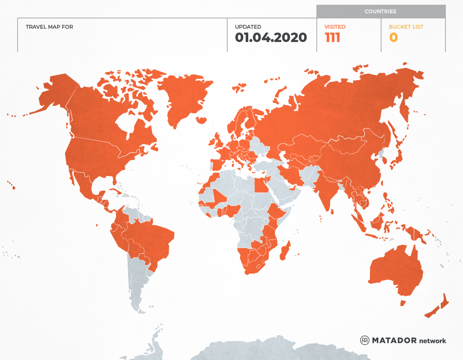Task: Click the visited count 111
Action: (333, 38)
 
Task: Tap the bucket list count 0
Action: (393, 38)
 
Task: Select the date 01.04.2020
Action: (271, 38)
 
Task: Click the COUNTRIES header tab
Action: (380, 12)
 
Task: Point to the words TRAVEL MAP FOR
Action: (49, 27)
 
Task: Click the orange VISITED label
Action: (335, 27)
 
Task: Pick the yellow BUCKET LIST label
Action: (406, 27)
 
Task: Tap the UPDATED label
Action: (248, 27)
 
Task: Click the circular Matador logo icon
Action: (365, 340)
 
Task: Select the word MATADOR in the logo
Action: (394, 340)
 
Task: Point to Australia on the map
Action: (394, 270)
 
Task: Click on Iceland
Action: (239, 88)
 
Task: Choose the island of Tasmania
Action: (403, 303)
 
